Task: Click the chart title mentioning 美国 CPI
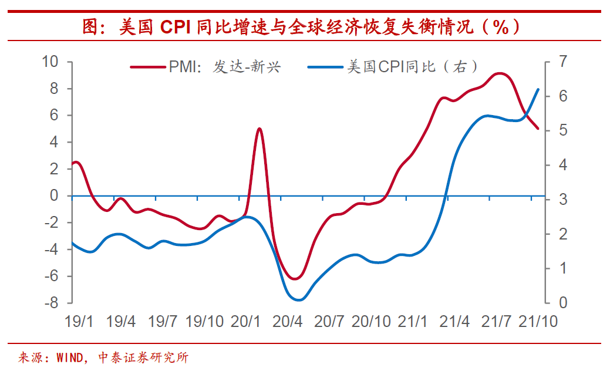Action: [305, 27]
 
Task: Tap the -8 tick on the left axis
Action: [52, 303]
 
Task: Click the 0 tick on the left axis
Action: [54, 195]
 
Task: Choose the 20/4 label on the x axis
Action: [288, 322]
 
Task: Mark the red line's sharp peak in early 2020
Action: [259, 129]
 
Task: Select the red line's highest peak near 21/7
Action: [500, 73]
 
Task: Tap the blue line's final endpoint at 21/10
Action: [538, 89]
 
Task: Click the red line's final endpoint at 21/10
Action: [538, 129]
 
